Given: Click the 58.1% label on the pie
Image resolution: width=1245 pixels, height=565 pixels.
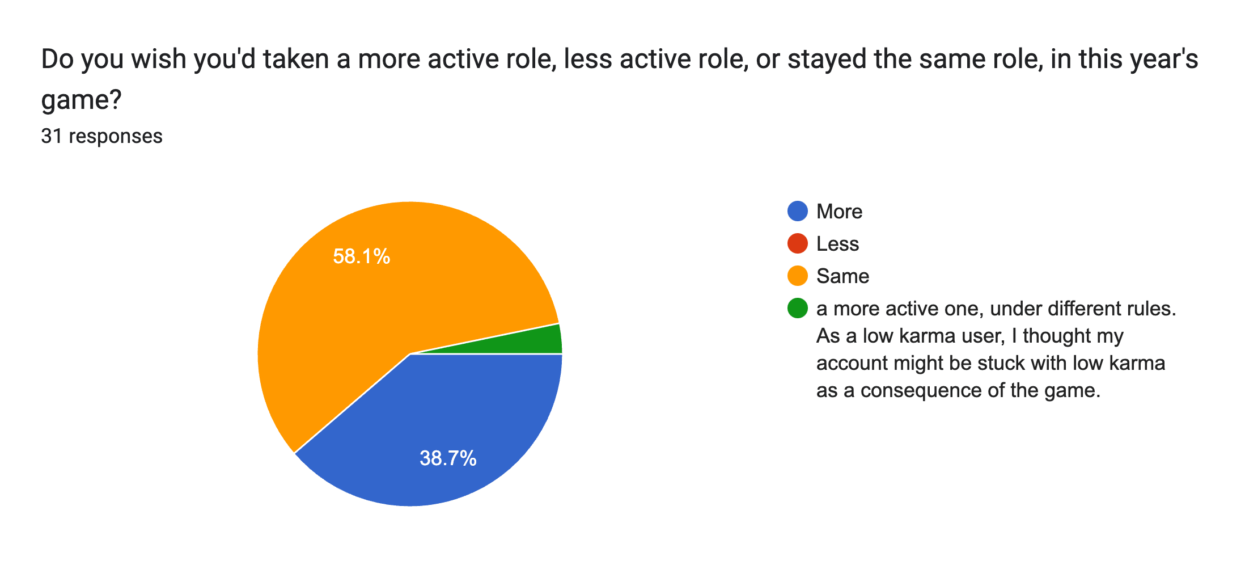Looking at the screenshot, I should tap(362, 257).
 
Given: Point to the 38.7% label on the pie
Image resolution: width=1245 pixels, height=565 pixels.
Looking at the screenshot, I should tap(448, 458).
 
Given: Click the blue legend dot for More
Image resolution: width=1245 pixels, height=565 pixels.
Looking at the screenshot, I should tap(798, 212).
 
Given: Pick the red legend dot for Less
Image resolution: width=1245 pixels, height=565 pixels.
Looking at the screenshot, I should tap(798, 244).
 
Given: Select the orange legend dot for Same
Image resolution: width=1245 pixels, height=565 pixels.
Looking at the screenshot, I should tap(798, 276).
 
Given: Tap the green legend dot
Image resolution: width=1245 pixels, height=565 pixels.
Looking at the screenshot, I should tap(798, 309).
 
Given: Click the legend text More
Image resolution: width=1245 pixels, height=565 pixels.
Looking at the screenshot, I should tap(839, 212).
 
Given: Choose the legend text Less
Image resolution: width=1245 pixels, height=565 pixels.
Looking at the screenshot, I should tap(837, 244).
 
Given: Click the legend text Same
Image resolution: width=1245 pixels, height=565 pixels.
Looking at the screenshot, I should tap(842, 276).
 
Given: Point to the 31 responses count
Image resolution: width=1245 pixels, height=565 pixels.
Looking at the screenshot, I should tap(101, 136).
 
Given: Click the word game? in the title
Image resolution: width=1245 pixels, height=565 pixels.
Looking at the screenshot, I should tap(81, 100).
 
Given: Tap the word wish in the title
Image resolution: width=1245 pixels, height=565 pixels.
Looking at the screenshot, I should tap(160, 59).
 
